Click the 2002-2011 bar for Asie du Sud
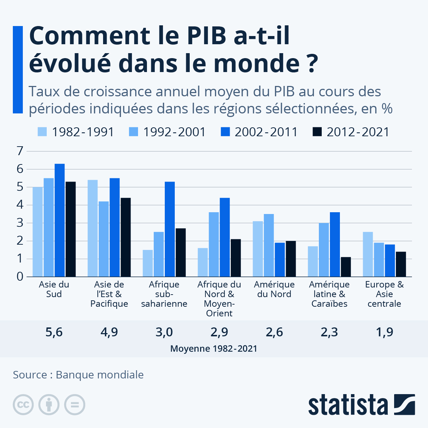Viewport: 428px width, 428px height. coord(60,220)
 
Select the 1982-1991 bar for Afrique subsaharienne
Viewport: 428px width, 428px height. coord(148,263)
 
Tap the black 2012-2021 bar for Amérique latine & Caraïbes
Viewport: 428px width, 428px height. coord(346,267)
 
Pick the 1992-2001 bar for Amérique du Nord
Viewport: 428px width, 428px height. coord(269,245)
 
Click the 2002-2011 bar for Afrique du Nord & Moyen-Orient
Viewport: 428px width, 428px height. coord(225,237)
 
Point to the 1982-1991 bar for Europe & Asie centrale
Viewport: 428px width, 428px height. coord(368,254)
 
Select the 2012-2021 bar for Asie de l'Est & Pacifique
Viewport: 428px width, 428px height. coord(126,237)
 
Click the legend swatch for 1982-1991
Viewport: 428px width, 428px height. coord(42,132)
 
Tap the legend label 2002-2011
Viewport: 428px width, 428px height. coord(266,132)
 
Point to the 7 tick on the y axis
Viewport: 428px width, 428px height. coord(20,151)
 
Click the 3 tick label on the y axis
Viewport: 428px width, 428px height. coord(20,223)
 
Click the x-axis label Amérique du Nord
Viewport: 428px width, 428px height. coord(274,289)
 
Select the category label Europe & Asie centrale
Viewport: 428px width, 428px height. coord(384,294)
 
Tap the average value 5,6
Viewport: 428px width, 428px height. coord(54,332)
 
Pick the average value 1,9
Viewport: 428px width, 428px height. coord(384,332)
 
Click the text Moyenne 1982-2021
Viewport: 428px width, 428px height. coord(214,348)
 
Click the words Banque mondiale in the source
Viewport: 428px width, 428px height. coord(100,375)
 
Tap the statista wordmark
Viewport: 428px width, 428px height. coord(348,405)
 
